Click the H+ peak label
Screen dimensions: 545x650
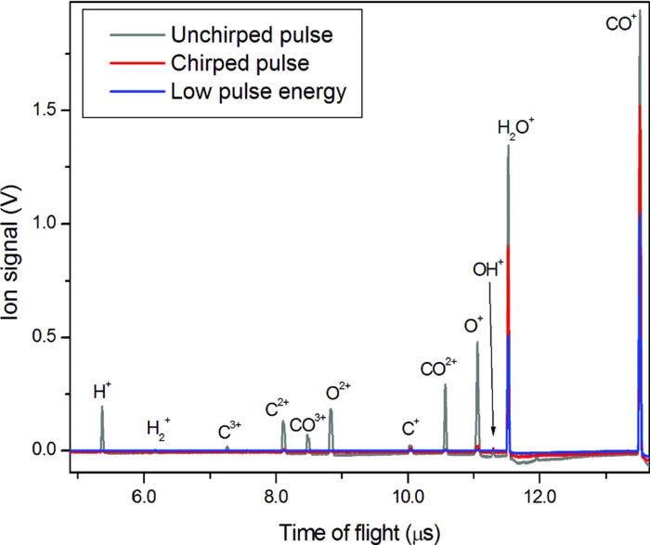tap(102, 391)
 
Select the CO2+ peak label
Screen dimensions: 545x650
tap(440, 370)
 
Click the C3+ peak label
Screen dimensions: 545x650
tap(229, 430)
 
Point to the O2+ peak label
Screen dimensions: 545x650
tap(337, 392)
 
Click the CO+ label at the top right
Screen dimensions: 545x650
tap(620, 23)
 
